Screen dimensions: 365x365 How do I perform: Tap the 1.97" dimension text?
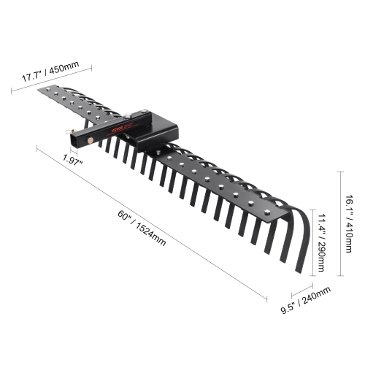72,159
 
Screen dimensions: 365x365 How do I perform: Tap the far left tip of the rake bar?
41,91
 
